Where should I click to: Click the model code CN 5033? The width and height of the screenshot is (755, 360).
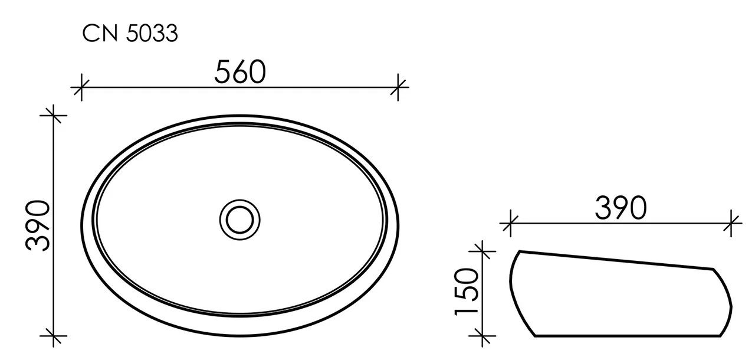pyautogui.click(x=130, y=34)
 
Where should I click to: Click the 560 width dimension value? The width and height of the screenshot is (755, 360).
pyautogui.click(x=240, y=72)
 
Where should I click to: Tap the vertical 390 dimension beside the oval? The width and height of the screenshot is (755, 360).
pyautogui.click(x=38, y=225)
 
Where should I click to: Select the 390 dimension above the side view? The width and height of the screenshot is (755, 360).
pyautogui.click(x=621, y=208)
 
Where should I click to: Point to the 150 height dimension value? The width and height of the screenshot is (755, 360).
pyautogui.click(x=467, y=292)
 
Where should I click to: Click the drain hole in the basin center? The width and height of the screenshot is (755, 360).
pyautogui.click(x=239, y=220)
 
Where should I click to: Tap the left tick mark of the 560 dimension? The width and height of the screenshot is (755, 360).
pyautogui.click(x=81, y=87)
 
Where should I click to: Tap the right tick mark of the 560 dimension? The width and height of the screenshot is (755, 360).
pyautogui.click(x=398, y=87)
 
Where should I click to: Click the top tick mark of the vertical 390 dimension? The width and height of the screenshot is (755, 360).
pyautogui.click(x=54, y=115)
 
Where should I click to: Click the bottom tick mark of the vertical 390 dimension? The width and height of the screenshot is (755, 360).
pyautogui.click(x=54, y=336)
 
